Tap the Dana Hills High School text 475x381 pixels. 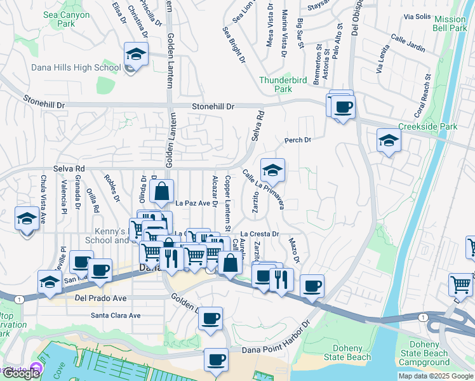[76, 67]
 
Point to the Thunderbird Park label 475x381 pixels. [284, 85]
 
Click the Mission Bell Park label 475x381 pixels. [450, 23]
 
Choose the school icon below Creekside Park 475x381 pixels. [389, 140]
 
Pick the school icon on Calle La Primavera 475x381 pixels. [272, 170]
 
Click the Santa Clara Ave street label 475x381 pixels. [116, 315]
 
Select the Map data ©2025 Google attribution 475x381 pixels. [436, 376]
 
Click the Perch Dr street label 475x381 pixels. [297, 140]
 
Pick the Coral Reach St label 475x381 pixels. [422, 97]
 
